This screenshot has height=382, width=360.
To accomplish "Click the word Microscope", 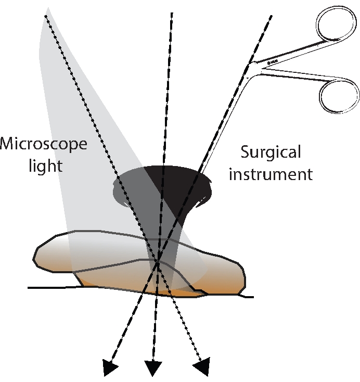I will (x=43, y=143).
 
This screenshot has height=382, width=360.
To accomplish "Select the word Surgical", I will (x=271, y=152).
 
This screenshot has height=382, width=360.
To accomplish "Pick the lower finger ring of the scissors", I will (x=339, y=94).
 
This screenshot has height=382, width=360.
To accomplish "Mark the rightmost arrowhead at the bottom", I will (x=203, y=366).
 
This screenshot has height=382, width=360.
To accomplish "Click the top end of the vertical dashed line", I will (x=172, y=12).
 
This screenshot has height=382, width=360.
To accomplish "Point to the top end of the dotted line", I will (x=46, y=16).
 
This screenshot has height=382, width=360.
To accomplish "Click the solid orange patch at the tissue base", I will (x=179, y=294).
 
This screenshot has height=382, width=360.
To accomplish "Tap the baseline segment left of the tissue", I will (x=52, y=287).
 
